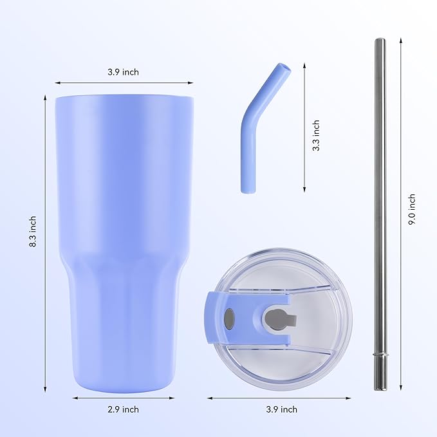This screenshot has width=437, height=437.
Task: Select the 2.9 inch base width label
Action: [x=122, y=409]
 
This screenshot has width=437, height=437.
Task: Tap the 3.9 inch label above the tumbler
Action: [x=123, y=72]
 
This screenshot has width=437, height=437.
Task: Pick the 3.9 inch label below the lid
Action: [x=281, y=409]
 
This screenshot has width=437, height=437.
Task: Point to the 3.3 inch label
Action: [x=315, y=135]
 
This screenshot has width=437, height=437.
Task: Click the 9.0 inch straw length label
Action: [x=412, y=209]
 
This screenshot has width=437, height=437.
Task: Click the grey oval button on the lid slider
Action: [x=230, y=318]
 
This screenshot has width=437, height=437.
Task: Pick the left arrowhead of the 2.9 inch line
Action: [x=73, y=398]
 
